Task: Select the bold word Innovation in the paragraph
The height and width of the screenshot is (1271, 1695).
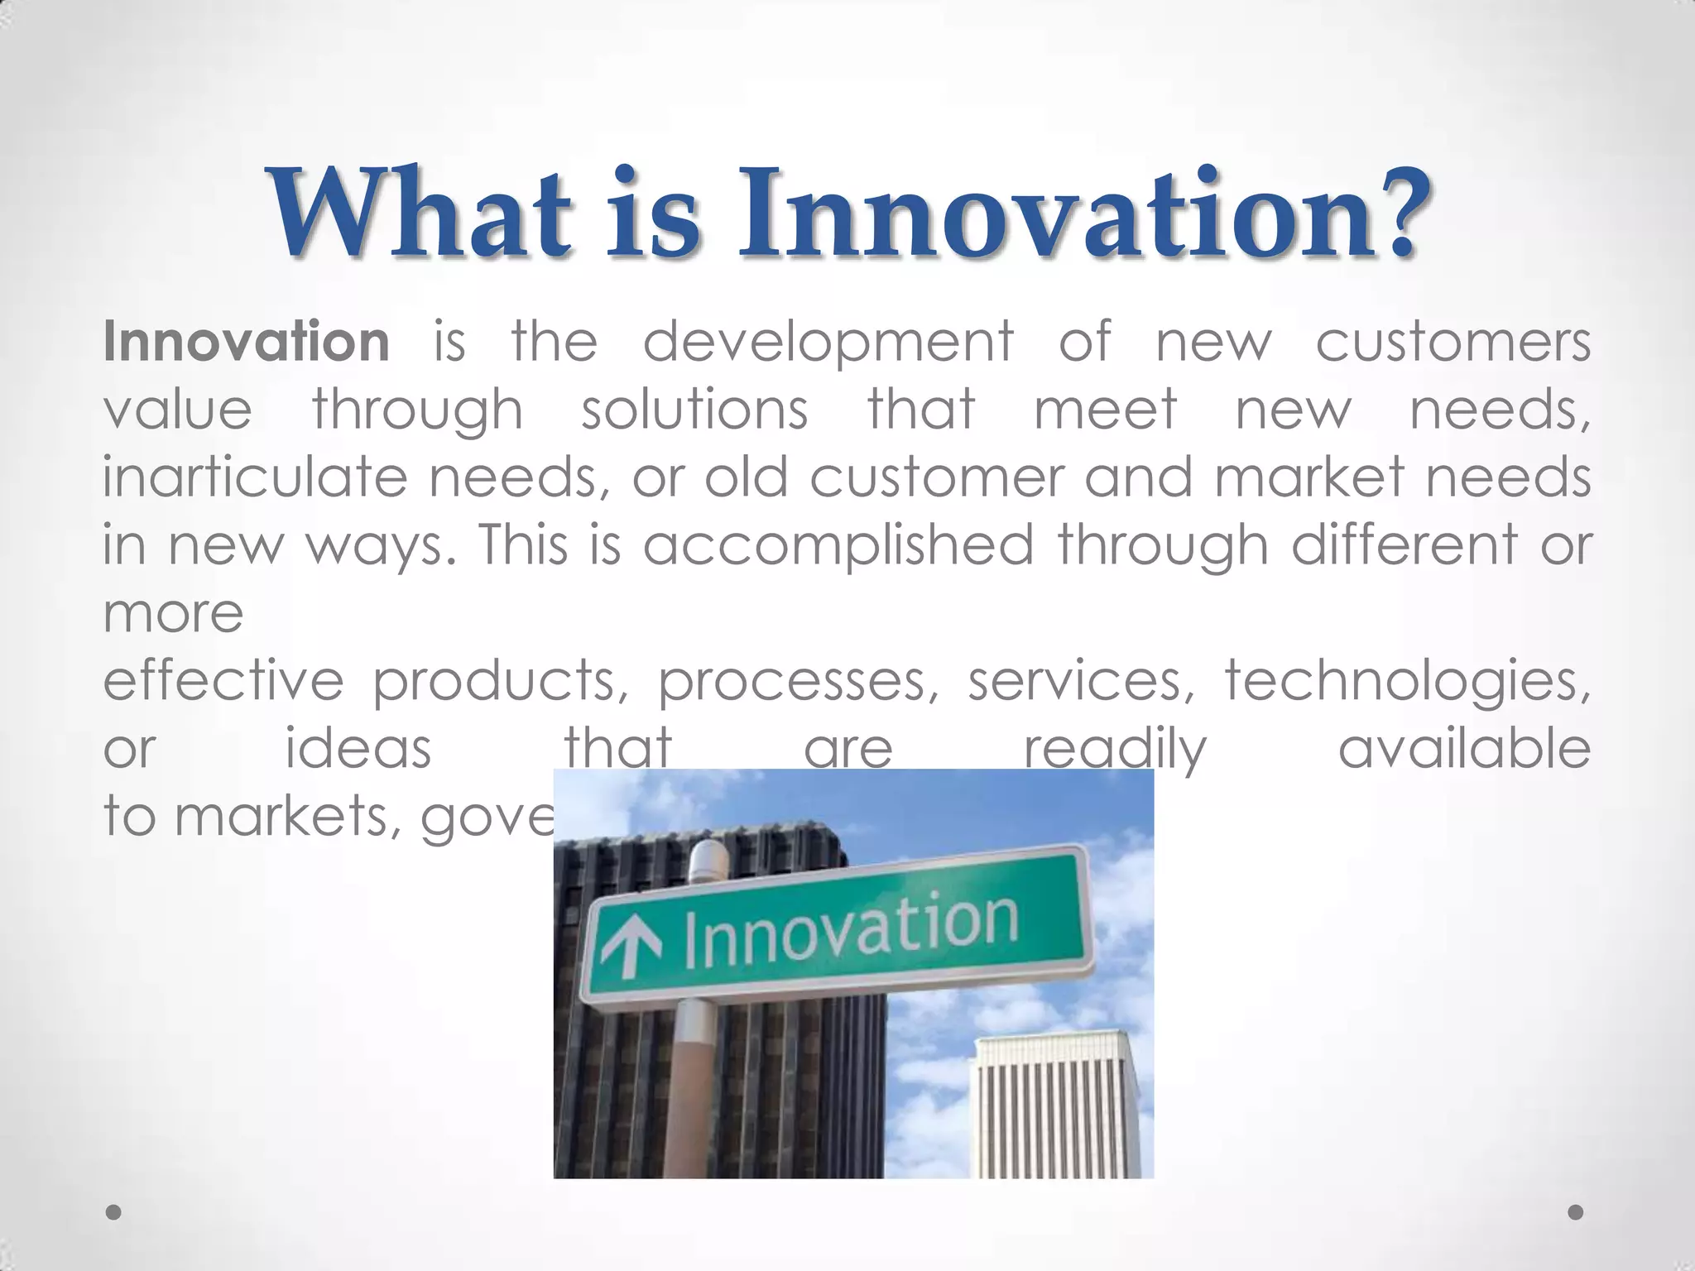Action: (x=247, y=341)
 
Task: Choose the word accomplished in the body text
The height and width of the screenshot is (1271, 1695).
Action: (x=838, y=547)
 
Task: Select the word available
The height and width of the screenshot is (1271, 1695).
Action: (x=1464, y=748)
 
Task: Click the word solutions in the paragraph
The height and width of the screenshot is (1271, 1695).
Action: (x=694, y=410)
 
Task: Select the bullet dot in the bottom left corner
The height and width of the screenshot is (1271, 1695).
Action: (x=114, y=1212)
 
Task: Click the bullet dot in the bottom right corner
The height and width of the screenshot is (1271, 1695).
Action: (x=1576, y=1212)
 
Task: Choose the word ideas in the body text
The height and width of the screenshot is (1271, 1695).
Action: (x=358, y=748)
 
